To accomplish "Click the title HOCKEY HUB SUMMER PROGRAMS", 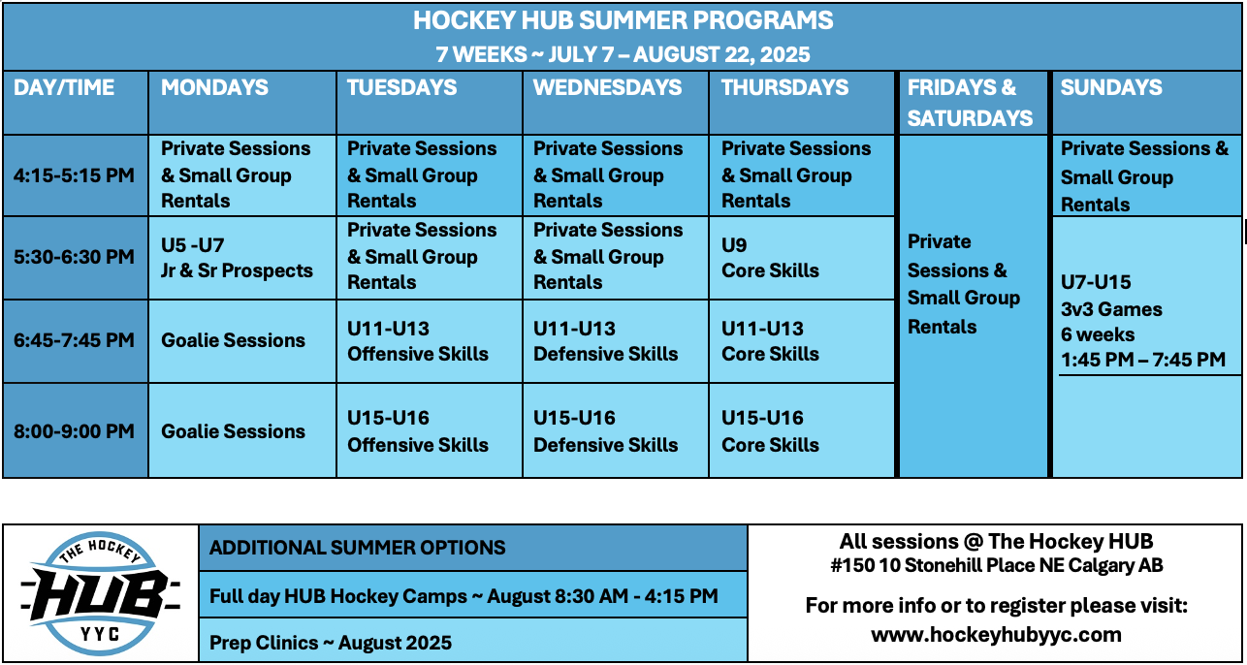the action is point(623,20).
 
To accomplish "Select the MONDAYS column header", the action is point(214,87).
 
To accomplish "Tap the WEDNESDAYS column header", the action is point(607,87).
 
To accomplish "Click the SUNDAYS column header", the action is point(1111,87).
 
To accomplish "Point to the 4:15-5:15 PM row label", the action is point(74,175).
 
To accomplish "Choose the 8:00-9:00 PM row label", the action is point(74,431).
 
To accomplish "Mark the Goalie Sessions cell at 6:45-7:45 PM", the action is point(234,340).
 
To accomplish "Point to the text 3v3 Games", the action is point(1111,309).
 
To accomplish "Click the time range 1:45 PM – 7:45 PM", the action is point(1143,360).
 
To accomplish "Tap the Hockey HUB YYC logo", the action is point(100,593).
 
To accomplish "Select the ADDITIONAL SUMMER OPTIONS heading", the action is point(358,548).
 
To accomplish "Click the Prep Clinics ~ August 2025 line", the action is point(331,643).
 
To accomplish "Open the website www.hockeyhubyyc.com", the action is point(997,634).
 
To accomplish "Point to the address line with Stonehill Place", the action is point(997,565).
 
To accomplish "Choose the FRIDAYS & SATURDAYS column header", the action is point(970,103).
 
